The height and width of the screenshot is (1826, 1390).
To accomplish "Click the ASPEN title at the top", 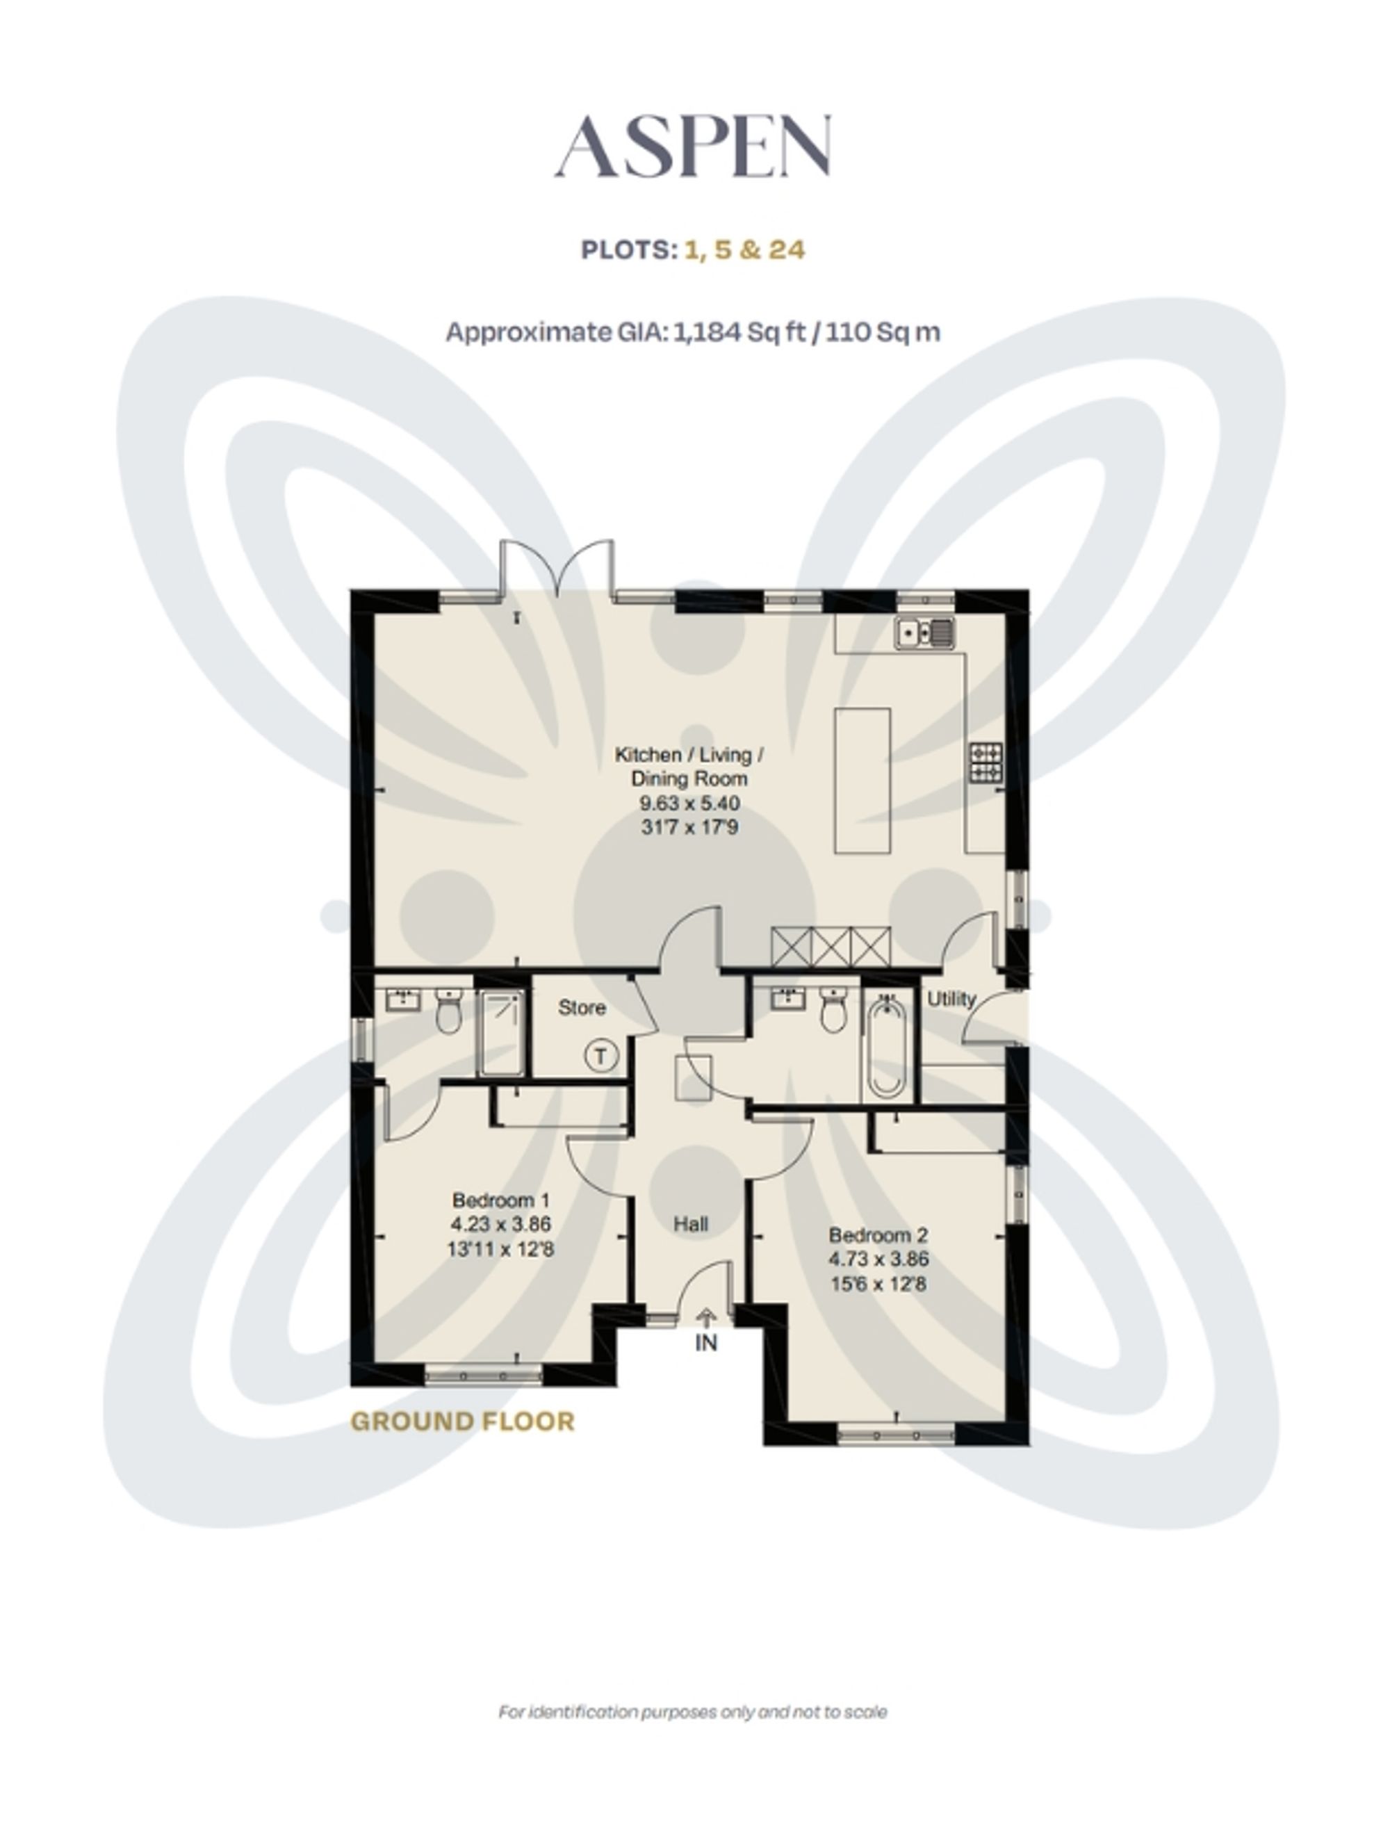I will pyautogui.click(x=694, y=147).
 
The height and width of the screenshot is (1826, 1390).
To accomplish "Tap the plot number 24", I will pyautogui.click(x=787, y=250).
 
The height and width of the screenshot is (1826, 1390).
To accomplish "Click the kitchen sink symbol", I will pyautogui.click(x=924, y=633).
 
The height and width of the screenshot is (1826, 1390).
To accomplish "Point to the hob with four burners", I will pyautogui.click(x=987, y=762).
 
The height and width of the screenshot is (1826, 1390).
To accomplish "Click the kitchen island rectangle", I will pyautogui.click(x=862, y=780).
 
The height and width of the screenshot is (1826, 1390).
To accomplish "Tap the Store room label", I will pyautogui.click(x=582, y=1008).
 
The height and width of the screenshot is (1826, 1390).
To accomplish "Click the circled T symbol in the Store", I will pyautogui.click(x=600, y=1057).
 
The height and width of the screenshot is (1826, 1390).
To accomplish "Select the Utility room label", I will pyautogui.click(x=951, y=1000).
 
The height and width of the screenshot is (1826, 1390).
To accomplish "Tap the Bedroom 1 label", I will pyautogui.click(x=500, y=1200).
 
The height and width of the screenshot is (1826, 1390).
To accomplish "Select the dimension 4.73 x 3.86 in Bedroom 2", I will pyautogui.click(x=878, y=1260).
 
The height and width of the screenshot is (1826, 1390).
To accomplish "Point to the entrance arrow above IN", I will pyautogui.click(x=705, y=1316).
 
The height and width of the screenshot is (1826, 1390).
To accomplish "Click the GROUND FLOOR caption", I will pyautogui.click(x=462, y=1421).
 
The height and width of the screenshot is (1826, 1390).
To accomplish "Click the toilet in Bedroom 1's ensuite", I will pyautogui.click(x=448, y=1012).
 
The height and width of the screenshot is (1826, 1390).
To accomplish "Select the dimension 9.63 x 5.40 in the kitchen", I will pyautogui.click(x=689, y=804).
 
